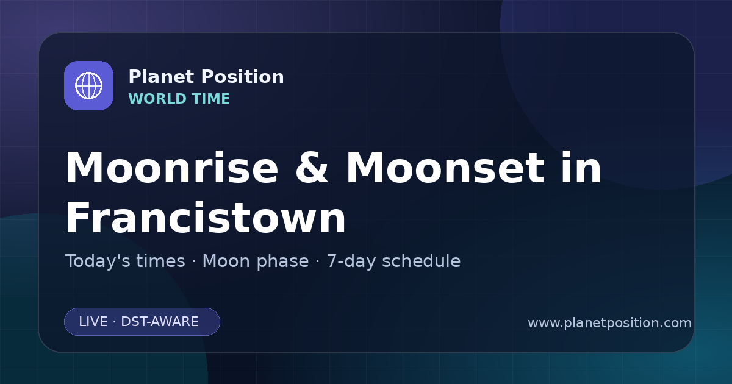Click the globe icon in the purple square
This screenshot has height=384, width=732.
(88, 85)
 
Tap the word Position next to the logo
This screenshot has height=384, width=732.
(243, 77)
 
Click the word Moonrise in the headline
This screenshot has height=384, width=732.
(172, 167)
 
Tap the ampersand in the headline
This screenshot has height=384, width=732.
(312, 167)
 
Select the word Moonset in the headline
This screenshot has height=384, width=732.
(445, 167)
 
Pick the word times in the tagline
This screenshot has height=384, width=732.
(160, 261)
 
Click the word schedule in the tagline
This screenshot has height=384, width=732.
(422, 261)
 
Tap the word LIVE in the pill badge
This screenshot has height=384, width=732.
(93, 322)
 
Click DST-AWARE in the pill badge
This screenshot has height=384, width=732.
(160, 322)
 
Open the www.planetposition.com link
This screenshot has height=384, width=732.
(609, 323)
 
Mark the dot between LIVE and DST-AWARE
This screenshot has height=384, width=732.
(115, 322)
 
